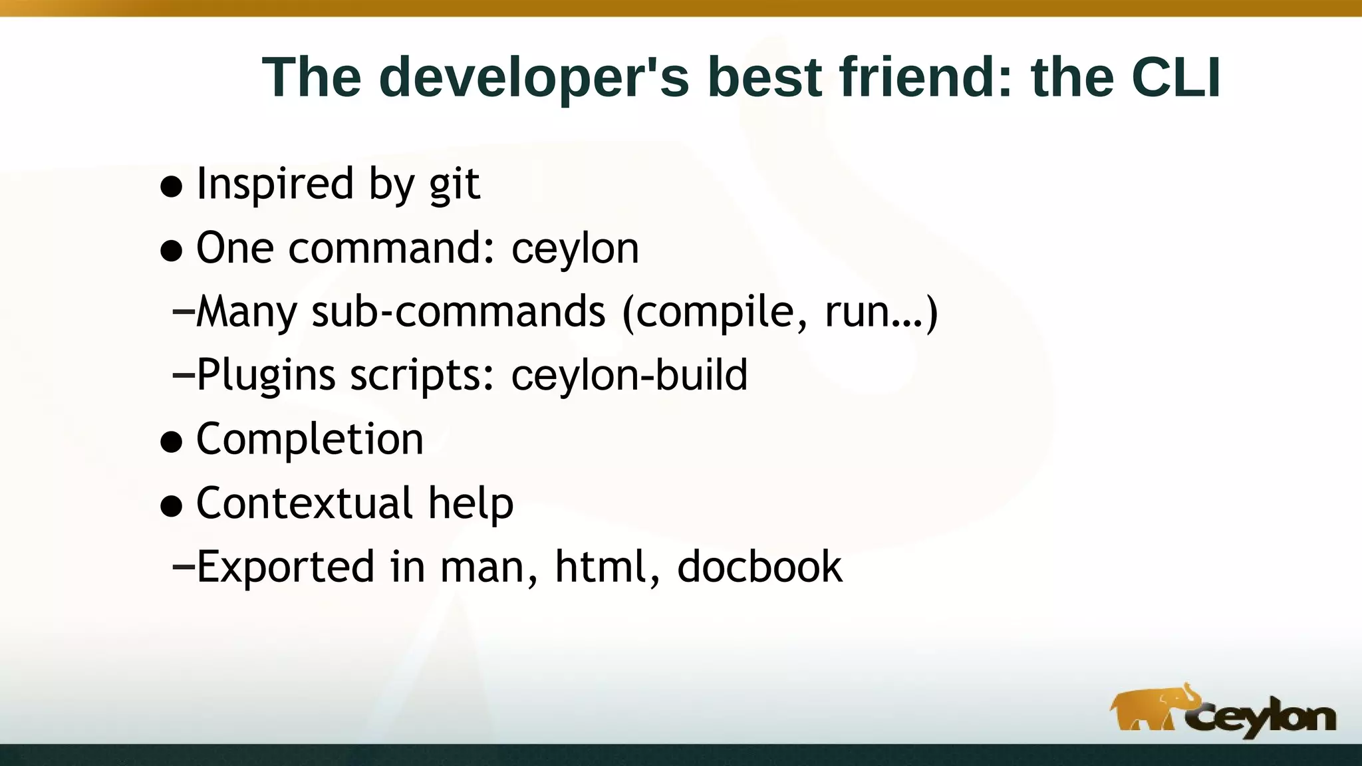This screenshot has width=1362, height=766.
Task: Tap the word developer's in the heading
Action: [x=534, y=78]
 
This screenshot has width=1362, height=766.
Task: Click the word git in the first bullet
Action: [x=454, y=184]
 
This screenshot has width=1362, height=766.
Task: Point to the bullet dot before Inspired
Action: [x=172, y=187]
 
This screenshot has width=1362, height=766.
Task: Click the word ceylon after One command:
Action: [x=575, y=249]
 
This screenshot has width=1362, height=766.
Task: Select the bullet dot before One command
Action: [x=172, y=251]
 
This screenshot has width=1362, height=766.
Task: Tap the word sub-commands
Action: [x=458, y=311]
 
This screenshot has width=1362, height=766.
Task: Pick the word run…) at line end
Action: [x=881, y=311]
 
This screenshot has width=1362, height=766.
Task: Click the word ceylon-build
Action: [x=629, y=375]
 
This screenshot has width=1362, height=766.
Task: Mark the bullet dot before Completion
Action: [x=172, y=442]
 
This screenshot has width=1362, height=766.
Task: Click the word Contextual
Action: [x=304, y=503]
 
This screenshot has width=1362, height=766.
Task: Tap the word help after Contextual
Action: [x=471, y=503]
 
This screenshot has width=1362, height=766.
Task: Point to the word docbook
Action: [x=759, y=567]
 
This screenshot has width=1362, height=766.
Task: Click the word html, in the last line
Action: [x=608, y=567]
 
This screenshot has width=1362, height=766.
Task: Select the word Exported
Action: [x=285, y=567]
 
